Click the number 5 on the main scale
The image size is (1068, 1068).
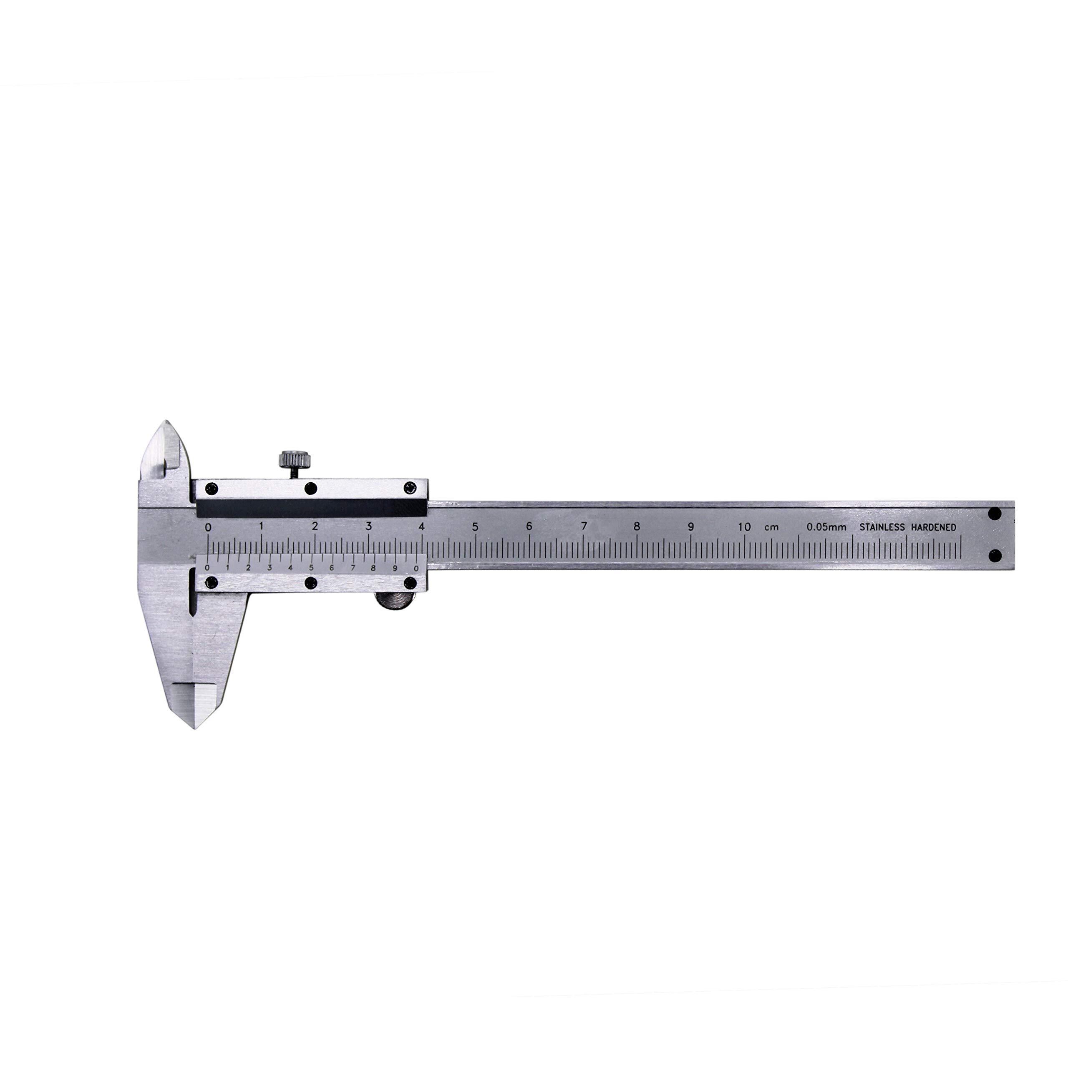pos(476,527)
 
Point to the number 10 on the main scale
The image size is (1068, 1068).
pos(744,527)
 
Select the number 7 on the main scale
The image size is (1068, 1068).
pos(584,527)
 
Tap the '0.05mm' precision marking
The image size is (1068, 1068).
pos(826,527)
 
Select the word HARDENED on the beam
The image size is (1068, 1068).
pos(934,527)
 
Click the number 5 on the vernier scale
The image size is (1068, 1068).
pos(311,567)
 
